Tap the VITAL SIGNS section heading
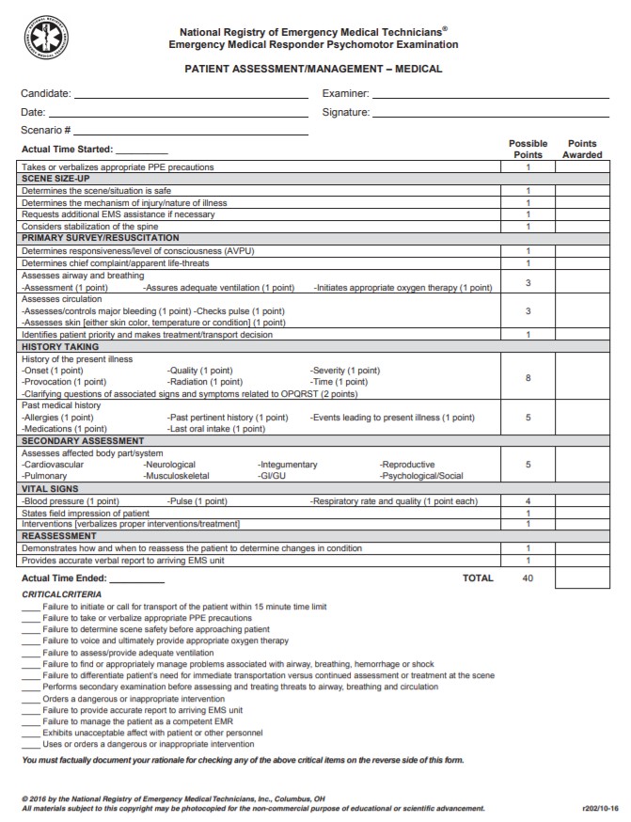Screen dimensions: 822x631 coord(50,489)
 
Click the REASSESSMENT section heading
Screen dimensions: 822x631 coord(58,535)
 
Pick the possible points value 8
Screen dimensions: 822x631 coord(528,377)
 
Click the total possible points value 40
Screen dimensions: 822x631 coord(528,578)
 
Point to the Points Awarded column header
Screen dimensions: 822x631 coord(582,150)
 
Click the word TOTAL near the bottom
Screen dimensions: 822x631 coord(478,578)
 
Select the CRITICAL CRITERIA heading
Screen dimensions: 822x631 coord(62,594)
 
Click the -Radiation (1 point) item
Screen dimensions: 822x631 coord(204,382)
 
